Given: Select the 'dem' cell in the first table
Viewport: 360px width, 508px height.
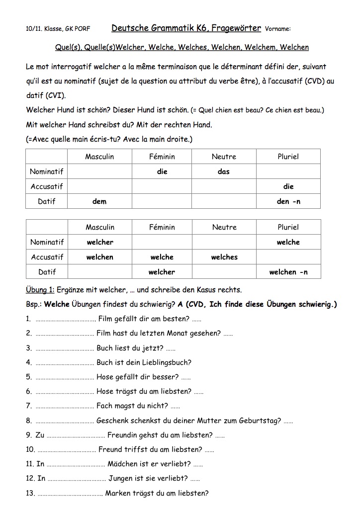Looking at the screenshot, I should click(99, 201).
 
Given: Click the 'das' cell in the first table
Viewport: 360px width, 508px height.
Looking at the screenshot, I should click(224, 171).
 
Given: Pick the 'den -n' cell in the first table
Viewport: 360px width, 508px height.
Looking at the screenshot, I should click(288, 201).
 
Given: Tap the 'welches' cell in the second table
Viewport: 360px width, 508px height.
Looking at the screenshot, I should click(224, 257).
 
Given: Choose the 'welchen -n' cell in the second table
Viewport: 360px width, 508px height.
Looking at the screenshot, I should click(288, 272).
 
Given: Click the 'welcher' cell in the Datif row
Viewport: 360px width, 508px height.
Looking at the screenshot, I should click(162, 272).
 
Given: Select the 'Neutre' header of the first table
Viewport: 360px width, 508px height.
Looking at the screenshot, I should click(224, 157).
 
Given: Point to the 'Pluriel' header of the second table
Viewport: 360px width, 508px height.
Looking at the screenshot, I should click(288, 227).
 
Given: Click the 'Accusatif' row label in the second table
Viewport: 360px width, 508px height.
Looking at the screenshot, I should click(47, 257).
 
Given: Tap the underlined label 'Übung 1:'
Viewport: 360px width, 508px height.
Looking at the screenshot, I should click(40, 290).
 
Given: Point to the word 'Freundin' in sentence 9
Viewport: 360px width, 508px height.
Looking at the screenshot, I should click(123, 435).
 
